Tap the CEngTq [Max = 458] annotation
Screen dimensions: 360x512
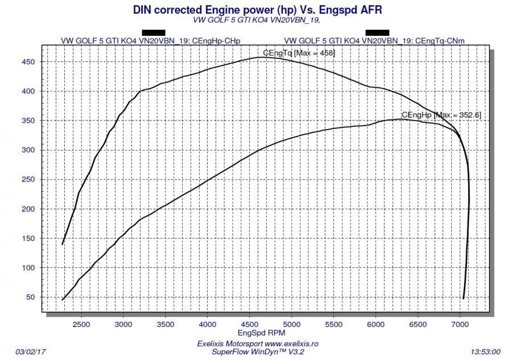299,53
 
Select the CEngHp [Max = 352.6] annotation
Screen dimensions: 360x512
441,115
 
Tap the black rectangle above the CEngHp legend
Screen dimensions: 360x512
153,32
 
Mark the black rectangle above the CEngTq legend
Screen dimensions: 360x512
377,32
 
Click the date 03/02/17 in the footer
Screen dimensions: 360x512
31,351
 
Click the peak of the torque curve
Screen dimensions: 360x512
263,57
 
